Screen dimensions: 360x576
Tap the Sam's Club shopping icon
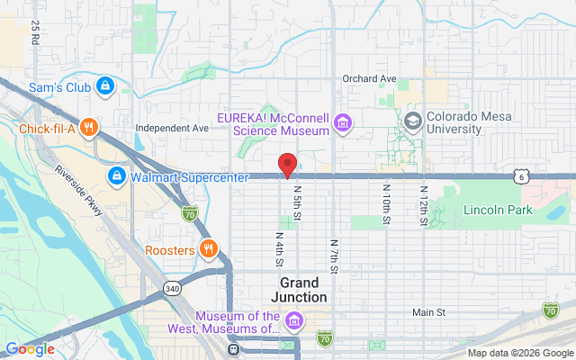point(105,85)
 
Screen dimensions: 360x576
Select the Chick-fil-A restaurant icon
point(88,127)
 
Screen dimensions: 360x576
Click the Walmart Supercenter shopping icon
point(116,175)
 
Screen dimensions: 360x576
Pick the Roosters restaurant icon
point(208,248)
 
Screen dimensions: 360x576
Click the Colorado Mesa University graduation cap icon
point(413,121)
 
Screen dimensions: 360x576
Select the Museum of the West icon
point(293,320)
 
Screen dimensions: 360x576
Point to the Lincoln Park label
point(498,211)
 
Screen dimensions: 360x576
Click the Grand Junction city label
point(298,289)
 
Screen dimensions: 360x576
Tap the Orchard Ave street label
point(369,79)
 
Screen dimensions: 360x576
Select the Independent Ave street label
point(172,128)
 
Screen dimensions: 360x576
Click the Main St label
point(428,312)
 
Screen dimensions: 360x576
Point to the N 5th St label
point(296,204)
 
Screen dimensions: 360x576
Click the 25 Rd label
point(34,33)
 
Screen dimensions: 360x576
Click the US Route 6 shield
point(521,176)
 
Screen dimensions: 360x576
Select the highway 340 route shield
point(172,288)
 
